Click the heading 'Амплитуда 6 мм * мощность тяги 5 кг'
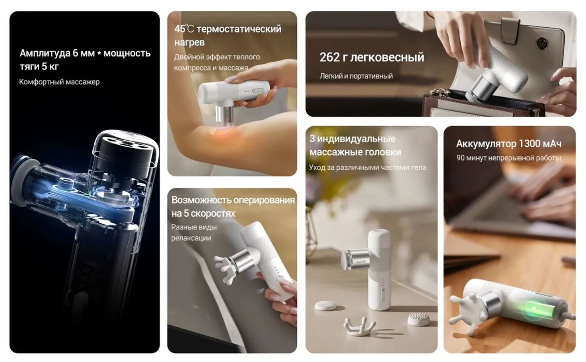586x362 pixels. [85, 60]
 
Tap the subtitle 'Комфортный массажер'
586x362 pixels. [59, 82]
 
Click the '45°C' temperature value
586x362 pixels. [184, 29]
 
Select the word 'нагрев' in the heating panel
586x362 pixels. [190, 43]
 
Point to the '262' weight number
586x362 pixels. [330, 57]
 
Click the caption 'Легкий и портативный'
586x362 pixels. [356, 76]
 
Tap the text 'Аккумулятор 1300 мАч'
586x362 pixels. [508, 144]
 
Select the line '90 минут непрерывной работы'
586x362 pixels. [508, 158]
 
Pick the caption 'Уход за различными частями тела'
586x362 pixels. [368, 167]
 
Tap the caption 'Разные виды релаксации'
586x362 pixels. [194, 233]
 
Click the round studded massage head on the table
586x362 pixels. [419, 319]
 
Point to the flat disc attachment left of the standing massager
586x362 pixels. [325, 306]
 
